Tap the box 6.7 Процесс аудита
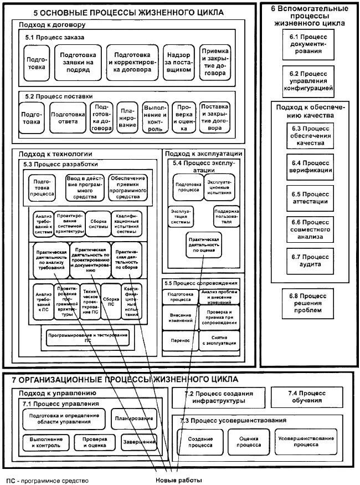(x=310, y=261)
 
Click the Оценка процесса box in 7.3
(x=249, y=441)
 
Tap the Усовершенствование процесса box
(x=306, y=441)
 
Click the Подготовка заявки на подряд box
(x=81, y=63)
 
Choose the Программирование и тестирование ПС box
(x=88, y=337)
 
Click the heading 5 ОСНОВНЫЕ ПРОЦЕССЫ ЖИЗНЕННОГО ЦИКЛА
(x=128, y=12)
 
